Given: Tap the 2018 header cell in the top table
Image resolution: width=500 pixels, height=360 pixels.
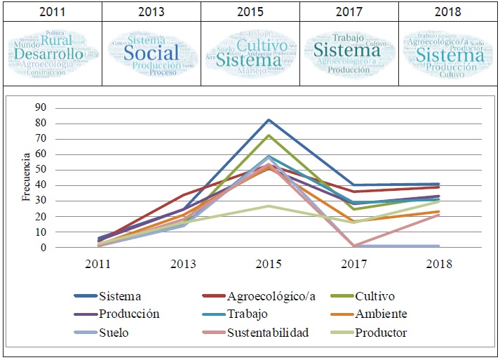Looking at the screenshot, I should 447,11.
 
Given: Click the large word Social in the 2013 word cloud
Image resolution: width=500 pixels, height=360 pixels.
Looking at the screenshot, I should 151,53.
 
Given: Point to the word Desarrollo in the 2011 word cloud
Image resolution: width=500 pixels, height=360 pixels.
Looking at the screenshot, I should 48,54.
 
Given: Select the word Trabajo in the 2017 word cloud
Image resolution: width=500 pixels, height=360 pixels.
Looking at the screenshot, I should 349,37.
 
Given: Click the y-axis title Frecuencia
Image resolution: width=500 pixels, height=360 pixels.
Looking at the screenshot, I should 26,177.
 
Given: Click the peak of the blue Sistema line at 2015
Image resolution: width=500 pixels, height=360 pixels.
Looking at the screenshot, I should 269,120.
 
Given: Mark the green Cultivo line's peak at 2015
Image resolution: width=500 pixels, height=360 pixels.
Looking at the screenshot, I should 269,135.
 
